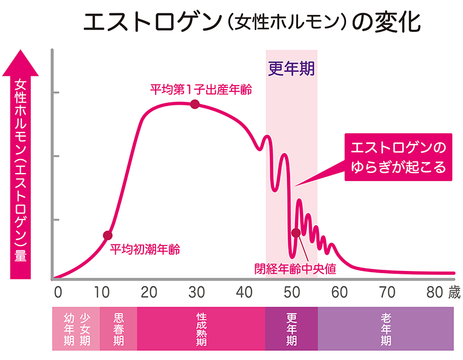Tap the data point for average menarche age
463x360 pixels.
(x=107, y=235)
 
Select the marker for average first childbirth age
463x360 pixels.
(x=194, y=104)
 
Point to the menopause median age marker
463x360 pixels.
(x=296, y=233)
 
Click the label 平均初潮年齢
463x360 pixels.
(x=145, y=249)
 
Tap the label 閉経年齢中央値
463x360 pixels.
(x=296, y=268)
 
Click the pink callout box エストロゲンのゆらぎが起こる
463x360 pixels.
(x=399, y=157)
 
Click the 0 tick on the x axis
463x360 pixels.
(x=57, y=291)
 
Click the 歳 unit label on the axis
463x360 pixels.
(x=454, y=292)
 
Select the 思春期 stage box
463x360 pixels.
(x=118, y=329)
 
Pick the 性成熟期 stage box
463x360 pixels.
(x=201, y=329)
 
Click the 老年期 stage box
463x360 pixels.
(x=385, y=329)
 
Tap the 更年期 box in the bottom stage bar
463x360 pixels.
(x=291, y=329)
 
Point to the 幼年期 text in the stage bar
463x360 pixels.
(x=68, y=329)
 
